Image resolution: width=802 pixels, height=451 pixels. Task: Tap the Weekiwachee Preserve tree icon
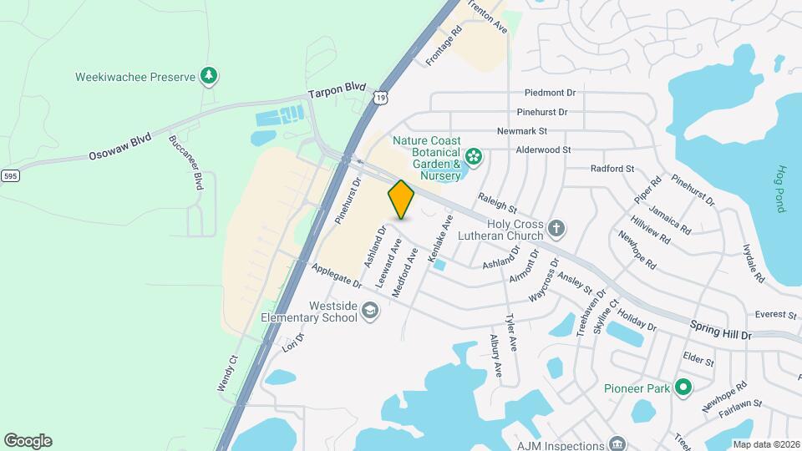coord(209,77)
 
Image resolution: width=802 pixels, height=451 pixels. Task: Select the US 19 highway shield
coord(381,99)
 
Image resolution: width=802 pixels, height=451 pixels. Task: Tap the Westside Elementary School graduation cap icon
coord(369,312)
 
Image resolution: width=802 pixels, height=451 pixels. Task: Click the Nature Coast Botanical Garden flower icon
coord(474,156)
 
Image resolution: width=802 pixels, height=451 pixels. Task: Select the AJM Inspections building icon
coord(617,443)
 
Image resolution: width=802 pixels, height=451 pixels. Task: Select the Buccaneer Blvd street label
coord(187,162)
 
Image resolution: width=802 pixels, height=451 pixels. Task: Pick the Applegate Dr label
coord(335,279)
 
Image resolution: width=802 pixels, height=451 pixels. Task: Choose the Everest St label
coord(775,315)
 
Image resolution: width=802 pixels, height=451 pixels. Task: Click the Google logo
coord(28,441)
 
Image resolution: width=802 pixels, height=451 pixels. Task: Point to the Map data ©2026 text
coord(764,444)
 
